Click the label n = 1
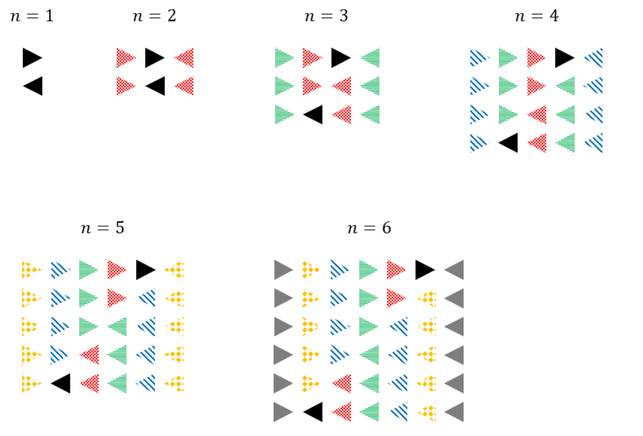pyautogui.click(x=32, y=16)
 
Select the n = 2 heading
pyautogui.click(x=155, y=16)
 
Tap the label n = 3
pyautogui.click(x=326, y=16)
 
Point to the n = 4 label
pyautogui.click(x=537, y=16)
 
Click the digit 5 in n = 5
pyautogui.click(x=120, y=228)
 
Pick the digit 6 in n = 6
pyautogui.click(x=387, y=228)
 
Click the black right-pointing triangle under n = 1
pyautogui.click(x=32, y=58)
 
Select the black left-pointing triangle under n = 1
pyautogui.click(x=32, y=86)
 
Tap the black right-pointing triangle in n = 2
pyautogui.click(x=155, y=58)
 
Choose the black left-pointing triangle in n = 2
pyautogui.click(x=155, y=86)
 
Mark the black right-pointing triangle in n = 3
pyautogui.click(x=341, y=58)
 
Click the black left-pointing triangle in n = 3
pyautogui.click(x=313, y=114)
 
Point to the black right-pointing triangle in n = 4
pyautogui.click(x=565, y=58)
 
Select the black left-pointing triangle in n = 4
pyautogui.click(x=508, y=143)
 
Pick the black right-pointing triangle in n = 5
pyautogui.click(x=146, y=270)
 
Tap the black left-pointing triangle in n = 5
pyautogui.click(x=61, y=383)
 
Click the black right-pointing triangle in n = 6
pyautogui.click(x=425, y=270)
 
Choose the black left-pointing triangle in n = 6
pyautogui.click(x=313, y=412)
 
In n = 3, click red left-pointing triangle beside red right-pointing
pyautogui.click(x=341, y=86)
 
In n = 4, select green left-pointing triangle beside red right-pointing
pyautogui.click(x=565, y=86)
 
